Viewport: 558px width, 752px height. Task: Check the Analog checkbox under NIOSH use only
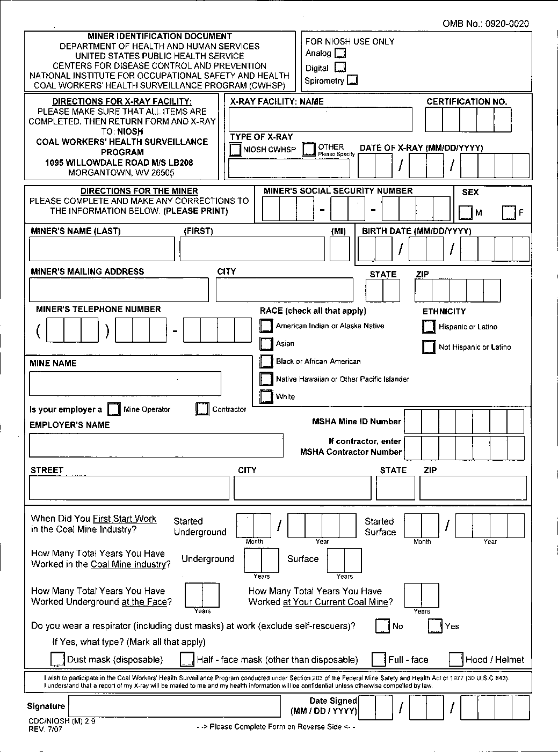tap(340, 53)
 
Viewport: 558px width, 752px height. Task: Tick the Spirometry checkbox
tap(352, 80)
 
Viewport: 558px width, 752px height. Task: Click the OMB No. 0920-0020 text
tap(485, 24)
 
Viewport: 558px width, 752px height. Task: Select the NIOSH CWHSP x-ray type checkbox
tap(235, 149)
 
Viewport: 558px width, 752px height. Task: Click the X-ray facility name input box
tap(320, 119)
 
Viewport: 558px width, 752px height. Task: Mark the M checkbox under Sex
tap(466, 213)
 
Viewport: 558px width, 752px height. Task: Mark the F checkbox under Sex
tap(509, 213)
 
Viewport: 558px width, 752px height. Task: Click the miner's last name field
tap(102, 249)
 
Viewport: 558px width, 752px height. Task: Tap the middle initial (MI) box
tap(339, 249)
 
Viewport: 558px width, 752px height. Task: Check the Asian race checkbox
tap(266, 343)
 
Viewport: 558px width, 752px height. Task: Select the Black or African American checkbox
tap(266, 361)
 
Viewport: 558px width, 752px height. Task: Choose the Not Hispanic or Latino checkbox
tap(429, 347)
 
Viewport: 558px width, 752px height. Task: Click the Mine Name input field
tap(125, 383)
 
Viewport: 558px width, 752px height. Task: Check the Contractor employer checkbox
tap(202, 409)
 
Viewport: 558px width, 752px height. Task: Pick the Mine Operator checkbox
tap(114, 409)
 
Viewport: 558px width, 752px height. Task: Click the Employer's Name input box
tap(156, 445)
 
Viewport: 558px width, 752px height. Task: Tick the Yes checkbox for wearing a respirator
tap(435, 626)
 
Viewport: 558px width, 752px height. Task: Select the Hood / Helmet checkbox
tap(456, 659)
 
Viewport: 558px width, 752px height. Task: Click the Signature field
tap(175, 706)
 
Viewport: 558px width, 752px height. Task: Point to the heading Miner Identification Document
tap(159, 36)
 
